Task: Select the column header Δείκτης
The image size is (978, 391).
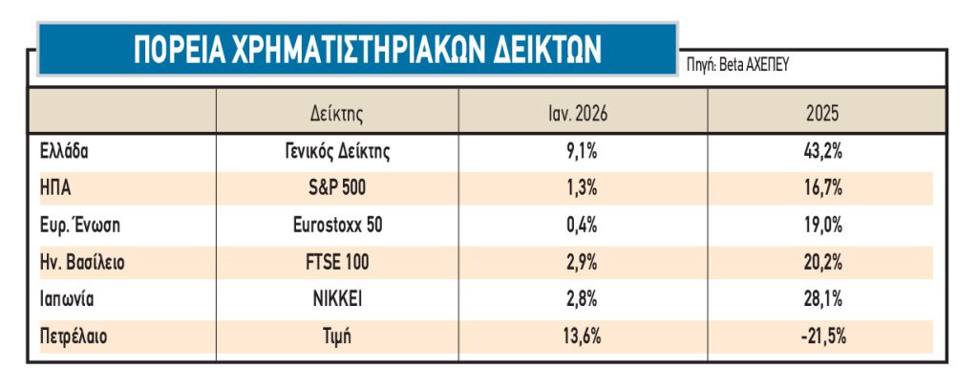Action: pyautogui.click(x=337, y=113)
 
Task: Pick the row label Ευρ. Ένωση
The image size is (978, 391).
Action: pyautogui.click(x=80, y=225)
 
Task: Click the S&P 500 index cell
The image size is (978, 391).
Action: pyautogui.click(x=337, y=187)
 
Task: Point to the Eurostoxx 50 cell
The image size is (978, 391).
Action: pyautogui.click(x=337, y=225)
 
